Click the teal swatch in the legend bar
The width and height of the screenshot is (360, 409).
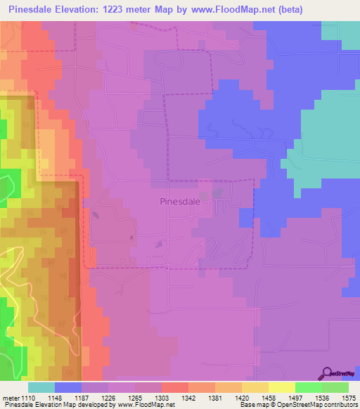[x=41, y=387]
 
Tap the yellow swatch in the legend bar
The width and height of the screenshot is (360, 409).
[x=282, y=387]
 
